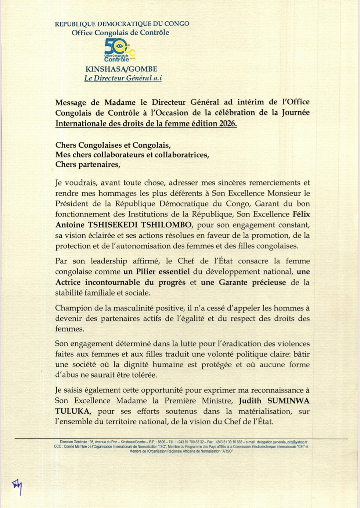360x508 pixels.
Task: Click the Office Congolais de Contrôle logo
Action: (x=120, y=50)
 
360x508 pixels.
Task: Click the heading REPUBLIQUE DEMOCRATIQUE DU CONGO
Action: (x=122, y=24)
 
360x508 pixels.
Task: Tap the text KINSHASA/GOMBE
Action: (x=121, y=69)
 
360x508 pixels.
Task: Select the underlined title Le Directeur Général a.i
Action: (x=123, y=78)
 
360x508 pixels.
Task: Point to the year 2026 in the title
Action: (x=227, y=124)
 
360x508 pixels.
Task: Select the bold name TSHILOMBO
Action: (x=170, y=225)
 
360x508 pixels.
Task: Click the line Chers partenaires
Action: (x=88, y=165)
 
